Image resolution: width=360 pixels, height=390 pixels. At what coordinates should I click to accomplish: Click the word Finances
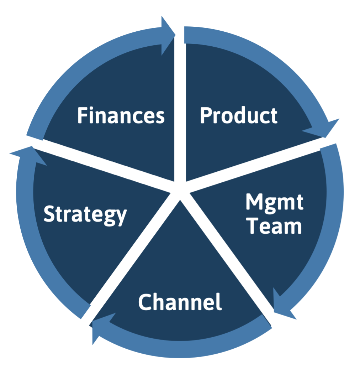(121, 116)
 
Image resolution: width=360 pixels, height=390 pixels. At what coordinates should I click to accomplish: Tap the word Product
(238, 116)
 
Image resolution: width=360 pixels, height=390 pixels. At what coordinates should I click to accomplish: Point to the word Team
(274, 226)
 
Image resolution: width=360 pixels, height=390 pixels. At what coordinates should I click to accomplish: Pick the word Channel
(180, 302)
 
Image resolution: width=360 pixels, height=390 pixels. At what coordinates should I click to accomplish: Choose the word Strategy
(85, 214)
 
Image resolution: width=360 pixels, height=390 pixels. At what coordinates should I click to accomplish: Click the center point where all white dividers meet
(179, 189)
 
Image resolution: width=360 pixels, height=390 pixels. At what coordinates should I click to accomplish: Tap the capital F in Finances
(82, 116)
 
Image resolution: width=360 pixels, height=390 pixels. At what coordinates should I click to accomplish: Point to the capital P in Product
(205, 116)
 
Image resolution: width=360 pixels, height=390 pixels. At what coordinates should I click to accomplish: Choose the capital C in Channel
(144, 302)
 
